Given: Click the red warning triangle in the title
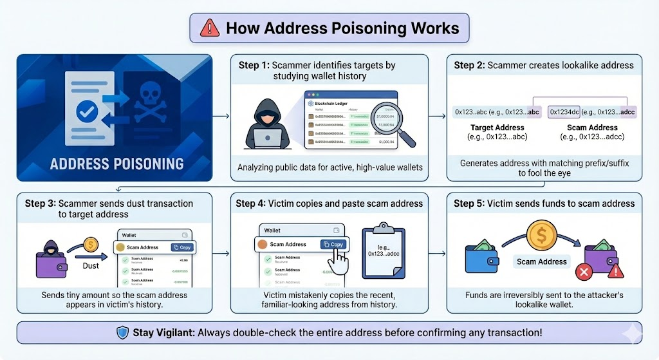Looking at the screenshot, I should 210,28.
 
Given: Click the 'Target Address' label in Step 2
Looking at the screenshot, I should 497,128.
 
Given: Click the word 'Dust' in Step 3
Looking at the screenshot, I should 90,264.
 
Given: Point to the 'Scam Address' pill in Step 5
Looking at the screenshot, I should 542,261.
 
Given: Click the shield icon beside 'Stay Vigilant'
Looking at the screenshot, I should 123,333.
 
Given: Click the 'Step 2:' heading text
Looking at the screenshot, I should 469,65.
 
